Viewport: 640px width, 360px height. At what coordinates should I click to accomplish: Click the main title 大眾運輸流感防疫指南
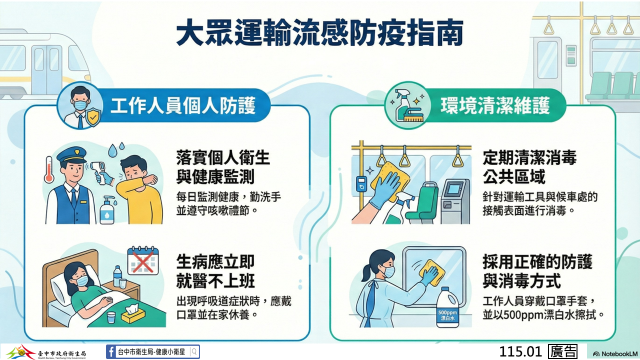319,33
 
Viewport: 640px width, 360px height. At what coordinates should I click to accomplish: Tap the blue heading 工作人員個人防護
183,105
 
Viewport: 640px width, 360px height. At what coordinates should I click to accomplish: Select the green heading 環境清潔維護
495,105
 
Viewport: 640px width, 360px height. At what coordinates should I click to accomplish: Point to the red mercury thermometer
49,169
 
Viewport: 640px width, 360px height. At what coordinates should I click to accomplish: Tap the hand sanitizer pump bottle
107,210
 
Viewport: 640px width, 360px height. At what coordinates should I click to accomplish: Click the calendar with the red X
143,261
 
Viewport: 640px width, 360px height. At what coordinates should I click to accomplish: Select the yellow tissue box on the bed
133,313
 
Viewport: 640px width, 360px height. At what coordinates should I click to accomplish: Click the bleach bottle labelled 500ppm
447,307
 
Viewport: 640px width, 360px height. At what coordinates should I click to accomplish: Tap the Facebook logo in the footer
111,351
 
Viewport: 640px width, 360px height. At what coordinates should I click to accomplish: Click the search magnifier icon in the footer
194,351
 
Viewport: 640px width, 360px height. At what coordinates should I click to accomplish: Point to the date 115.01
520,351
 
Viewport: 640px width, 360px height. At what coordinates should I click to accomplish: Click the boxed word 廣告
562,351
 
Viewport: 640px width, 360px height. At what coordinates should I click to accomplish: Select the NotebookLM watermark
615,354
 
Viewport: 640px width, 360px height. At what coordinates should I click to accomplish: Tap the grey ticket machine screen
454,189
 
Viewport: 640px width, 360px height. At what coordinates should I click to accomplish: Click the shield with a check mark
93,117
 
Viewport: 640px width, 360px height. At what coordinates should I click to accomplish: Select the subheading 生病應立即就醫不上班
215,271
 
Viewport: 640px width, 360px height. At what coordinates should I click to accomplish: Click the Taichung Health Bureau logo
45,352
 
